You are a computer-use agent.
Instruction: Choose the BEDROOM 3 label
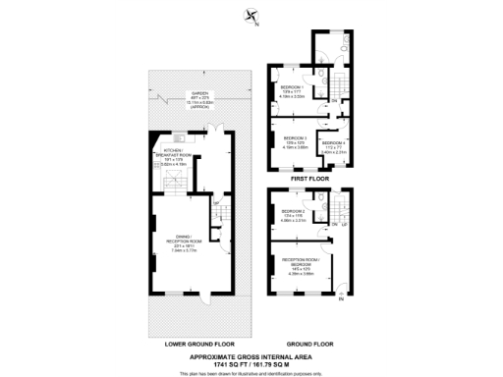[296, 139]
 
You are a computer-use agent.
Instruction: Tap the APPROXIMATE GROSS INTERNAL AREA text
[251, 356]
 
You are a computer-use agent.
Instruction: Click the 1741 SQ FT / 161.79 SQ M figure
[251, 363]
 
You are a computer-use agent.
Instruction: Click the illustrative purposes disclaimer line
[251, 371]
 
